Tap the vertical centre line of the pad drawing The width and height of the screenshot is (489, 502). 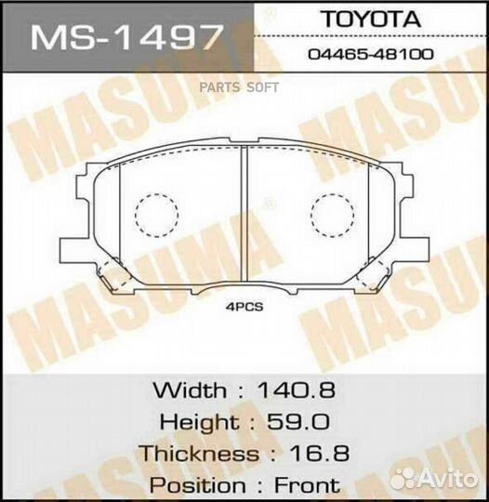pos(243,218)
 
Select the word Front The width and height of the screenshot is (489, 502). pos(307,485)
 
